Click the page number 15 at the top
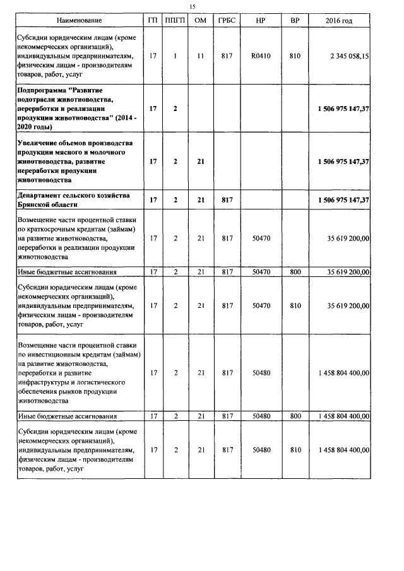coord(193,6)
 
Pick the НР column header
coord(261,21)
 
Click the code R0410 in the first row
coord(261,56)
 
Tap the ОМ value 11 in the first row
coord(200,56)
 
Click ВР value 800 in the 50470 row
coord(294,271)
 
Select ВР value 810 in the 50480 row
coord(294,450)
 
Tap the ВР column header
coord(294,21)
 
